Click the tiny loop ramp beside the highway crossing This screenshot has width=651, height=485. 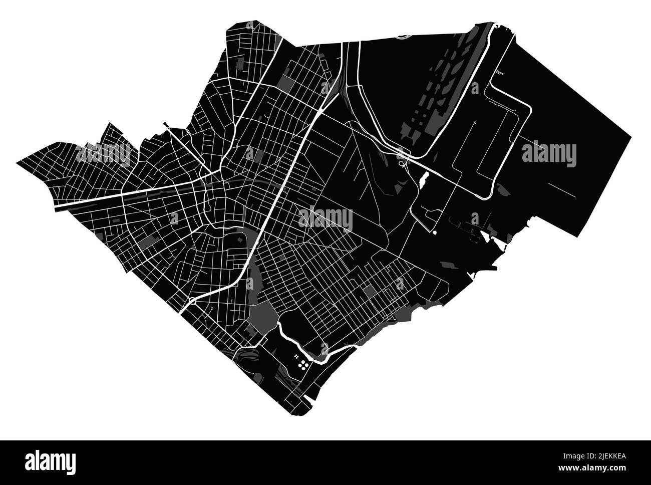[x=401, y=163]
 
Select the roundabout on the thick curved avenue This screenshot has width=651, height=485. [x=192, y=301]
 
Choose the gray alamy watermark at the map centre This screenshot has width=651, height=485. [x=325, y=219]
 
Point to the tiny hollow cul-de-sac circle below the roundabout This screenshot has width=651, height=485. [x=212, y=310]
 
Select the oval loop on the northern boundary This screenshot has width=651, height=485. [x=402, y=36]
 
